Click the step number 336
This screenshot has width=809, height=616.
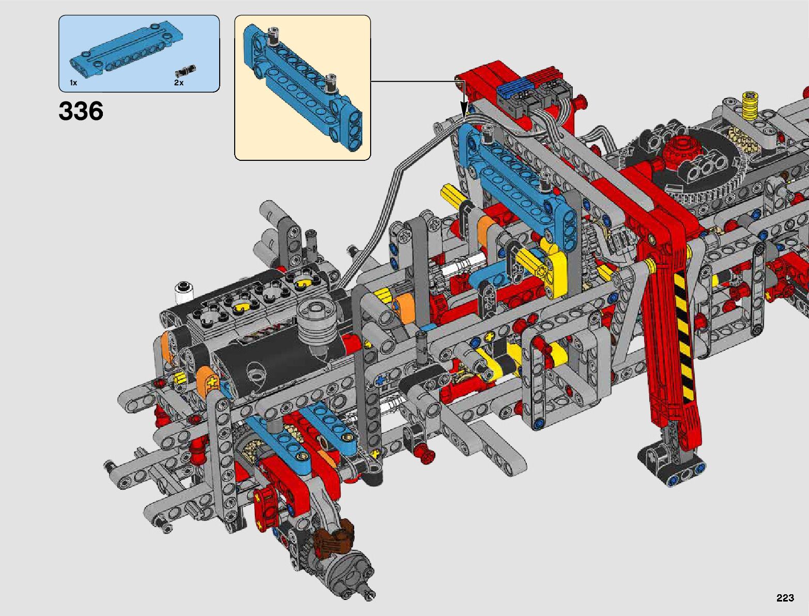click(81, 111)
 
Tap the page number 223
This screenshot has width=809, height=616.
click(785, 597)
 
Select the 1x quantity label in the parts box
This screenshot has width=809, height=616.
click(73, 83)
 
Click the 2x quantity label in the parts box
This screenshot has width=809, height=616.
click(179, 83)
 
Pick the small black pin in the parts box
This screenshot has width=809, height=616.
click(186, 70)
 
